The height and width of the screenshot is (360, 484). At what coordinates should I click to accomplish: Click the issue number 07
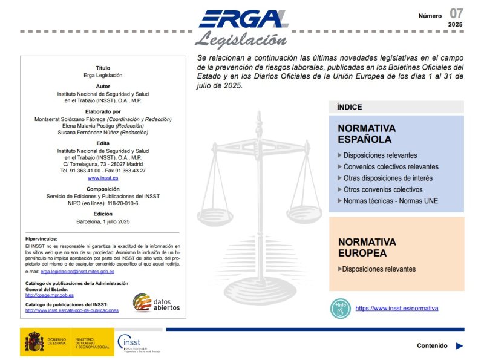click(x=456, y=13)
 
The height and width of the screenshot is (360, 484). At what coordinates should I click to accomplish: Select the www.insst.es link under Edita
click(x=103, y=178)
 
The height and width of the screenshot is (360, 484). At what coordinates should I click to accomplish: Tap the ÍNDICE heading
click(x=350, y=107)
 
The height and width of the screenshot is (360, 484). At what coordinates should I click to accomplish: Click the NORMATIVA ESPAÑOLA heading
click(x=367, y=134)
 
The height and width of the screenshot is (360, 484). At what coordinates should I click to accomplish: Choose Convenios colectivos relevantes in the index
click(x=391, y=167)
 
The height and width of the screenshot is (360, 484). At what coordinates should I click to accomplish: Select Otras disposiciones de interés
click(x=388, y=178)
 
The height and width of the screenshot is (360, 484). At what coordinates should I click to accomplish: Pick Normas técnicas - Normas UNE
click(x=390, y=201)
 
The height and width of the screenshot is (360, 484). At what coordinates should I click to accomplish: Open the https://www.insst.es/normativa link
click(x=396, y=309)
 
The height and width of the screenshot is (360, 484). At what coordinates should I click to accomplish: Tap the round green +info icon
click(x=341, y=309)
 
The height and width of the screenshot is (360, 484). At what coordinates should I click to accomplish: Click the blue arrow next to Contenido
click(x=459, y=346)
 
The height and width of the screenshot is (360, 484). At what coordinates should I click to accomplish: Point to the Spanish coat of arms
click(x=34, y=342)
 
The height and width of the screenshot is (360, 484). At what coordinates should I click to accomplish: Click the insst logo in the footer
click(x=137, y=343)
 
